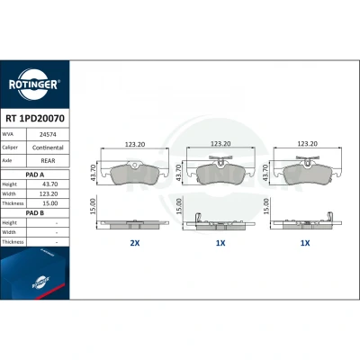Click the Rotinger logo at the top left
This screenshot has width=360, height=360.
point(34,85)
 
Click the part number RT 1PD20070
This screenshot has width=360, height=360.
point(35,119)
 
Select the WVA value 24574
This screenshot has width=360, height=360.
point(48,135)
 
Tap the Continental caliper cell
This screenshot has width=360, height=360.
point(48,148)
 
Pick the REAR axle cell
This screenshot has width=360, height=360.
point(48,161)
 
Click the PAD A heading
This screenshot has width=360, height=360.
point(35,175)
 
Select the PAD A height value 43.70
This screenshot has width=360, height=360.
point(50,184)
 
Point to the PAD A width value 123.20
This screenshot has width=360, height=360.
point(49,193)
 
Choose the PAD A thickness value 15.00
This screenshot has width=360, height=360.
point(50,203)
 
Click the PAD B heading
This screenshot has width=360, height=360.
point(35,213)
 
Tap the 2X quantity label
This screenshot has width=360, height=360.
point(135,243)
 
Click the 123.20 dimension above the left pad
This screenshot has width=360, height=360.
point(135,144)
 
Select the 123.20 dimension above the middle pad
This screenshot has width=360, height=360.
point(220,144)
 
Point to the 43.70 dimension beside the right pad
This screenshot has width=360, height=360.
point(265,173)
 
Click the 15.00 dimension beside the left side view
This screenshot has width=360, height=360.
point(93,206)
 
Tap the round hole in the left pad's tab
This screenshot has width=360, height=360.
point(135,165)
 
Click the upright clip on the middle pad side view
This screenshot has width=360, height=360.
point(198,218)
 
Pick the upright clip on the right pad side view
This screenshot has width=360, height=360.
point(329,217)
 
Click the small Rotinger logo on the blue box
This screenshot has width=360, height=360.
point(40,283)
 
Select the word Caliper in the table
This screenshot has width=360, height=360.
point(10,148)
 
